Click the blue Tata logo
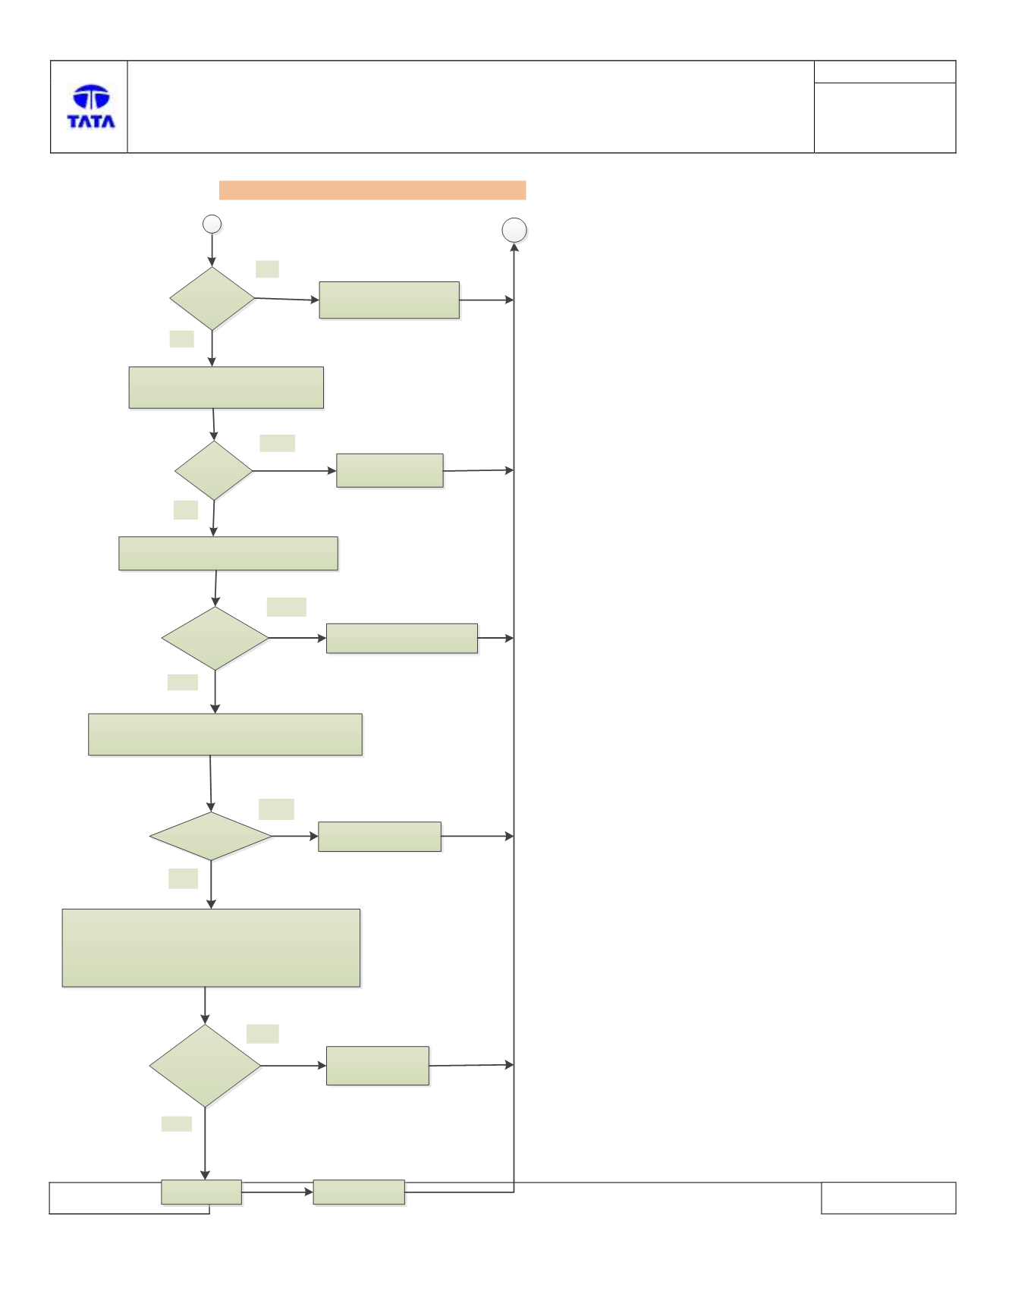[x=91, y=106]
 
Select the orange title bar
[x=372, y=190]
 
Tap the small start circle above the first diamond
[x=212, y=224]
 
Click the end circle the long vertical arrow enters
[x=514, y=231]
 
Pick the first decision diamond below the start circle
[x=212, y=298]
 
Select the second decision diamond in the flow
[x=214, y=470]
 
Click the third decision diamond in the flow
[x=215, y=638]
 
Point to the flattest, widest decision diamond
[x=211, y=836]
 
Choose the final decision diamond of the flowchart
[x=205, y=1066]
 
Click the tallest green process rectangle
[x=211, y=948]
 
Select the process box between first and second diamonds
[x=226, y=388]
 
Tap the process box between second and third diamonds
[x=228, y=554]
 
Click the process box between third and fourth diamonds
[x=225, y=734]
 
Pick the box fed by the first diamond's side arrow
[x=389, y=300]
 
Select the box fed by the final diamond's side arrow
[x=378, y=1066]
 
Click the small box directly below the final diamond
[x=202, y=1192]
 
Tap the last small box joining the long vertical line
[x=359, y=1192]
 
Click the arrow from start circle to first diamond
[x=212, y=250]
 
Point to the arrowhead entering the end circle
[x=514, y=247]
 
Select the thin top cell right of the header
[x=885, y=72]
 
